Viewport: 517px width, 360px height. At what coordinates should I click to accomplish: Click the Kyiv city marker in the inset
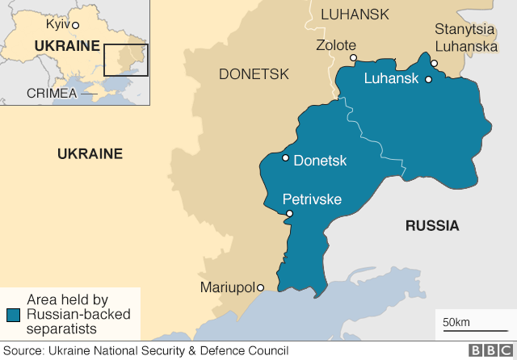click(x=75, y=25)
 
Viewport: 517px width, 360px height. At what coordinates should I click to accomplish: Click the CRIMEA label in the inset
click(x=52, y=93)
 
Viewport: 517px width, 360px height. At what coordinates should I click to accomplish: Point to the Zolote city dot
click(x=353, y=58)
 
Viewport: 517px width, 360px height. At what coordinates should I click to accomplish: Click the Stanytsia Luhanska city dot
click(x=434, y=63)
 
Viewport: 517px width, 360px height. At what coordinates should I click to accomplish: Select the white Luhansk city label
click(x=392, y=78)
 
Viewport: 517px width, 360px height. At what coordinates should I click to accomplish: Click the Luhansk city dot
click(x=428, y=79)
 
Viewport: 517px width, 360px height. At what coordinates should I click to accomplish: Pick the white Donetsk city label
click(x=320, y=161)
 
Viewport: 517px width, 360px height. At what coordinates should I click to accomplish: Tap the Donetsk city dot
click(x=285, y=158)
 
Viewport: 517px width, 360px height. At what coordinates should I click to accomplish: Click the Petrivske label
click(x=311, y=199)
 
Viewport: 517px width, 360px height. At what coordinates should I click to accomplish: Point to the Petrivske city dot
click(x=289, y=213)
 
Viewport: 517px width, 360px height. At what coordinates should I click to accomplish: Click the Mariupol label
click(x=227, y=287)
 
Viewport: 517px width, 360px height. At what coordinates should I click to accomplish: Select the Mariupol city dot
click(x=261, y=287)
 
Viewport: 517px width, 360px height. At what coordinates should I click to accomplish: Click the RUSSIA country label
click(x=431, y=226)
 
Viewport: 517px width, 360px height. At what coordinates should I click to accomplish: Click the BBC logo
click(x=489, y=350)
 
